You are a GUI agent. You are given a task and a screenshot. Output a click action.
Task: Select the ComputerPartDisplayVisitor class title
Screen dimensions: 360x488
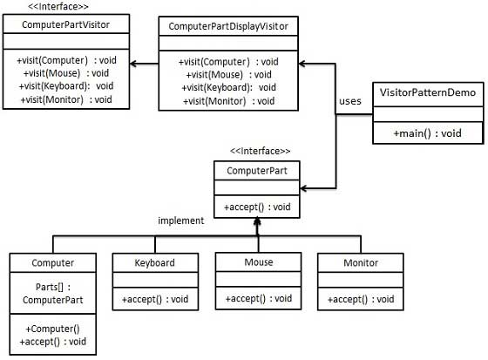(x=227, y=27)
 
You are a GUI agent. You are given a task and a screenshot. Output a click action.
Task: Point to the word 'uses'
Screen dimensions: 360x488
(x=349, y=101)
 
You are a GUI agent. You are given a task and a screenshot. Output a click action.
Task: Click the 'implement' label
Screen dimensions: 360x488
(x=180, y=221)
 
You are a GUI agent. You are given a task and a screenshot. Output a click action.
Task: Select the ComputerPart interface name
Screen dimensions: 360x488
(x=258, y=170)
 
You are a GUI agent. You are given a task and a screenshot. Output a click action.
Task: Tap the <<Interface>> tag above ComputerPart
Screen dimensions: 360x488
(x=260, y=152)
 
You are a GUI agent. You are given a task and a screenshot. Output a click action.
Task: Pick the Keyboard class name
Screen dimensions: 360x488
(x=154, y=262)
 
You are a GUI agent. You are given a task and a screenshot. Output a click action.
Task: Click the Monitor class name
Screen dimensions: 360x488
(x=359, y=262)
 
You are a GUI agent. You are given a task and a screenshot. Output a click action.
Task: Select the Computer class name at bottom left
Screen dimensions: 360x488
(x=52, y=262)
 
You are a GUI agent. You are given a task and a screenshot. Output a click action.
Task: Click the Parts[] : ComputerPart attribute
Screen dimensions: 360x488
(x=52, y=292)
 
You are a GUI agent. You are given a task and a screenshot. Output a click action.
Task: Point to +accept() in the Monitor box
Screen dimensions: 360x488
(x=359, y=299)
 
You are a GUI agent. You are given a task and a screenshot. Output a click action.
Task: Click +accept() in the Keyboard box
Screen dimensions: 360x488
(x=154, y=299)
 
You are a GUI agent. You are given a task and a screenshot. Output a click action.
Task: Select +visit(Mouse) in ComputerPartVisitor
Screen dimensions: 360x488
(x=64, y=73)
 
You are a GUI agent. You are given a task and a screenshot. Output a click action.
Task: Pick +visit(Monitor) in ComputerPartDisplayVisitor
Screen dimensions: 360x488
(x=227, y=101)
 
